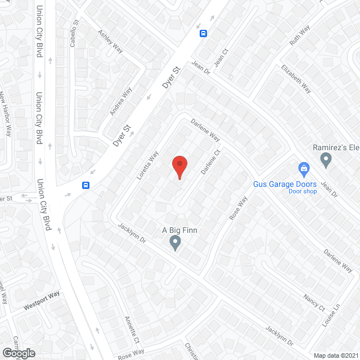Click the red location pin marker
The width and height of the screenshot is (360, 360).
point(179,166)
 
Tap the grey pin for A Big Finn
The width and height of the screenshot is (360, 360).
point(175,242)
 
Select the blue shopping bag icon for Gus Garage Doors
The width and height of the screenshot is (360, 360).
point(304,168)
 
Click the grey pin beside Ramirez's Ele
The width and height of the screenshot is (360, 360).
point(326,160)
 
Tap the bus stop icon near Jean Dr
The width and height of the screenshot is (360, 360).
point(203,33)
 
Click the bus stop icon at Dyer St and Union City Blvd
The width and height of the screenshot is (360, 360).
point(85,184)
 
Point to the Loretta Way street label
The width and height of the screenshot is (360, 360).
point(148,165)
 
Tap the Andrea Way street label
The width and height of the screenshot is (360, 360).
point(121,101)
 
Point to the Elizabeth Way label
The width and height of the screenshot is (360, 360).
point(296,80)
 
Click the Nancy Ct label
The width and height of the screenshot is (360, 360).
point(314,303)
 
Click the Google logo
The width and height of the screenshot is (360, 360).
point(18,353)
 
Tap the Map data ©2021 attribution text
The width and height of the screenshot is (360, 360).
point(335,355)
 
